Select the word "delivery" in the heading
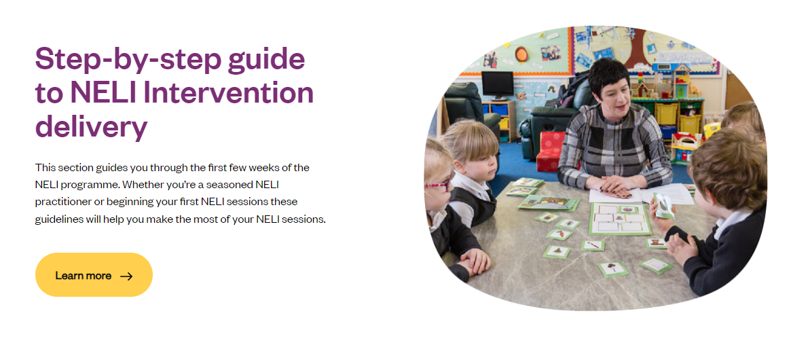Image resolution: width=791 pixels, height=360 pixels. (x=91, y=127)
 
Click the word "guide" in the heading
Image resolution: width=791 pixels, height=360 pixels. (x=266, y=60)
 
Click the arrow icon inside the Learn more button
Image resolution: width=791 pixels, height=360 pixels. (x=126, y=276)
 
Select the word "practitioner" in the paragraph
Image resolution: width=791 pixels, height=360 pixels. (x=62, y=202)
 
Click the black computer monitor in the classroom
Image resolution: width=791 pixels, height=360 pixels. (x=497, y=84)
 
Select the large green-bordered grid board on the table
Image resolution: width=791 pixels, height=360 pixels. (x=620, y=219)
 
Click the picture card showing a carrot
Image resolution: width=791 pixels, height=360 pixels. (x=559, y=234)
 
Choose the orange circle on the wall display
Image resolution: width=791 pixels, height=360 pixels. (x=521, y=54)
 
